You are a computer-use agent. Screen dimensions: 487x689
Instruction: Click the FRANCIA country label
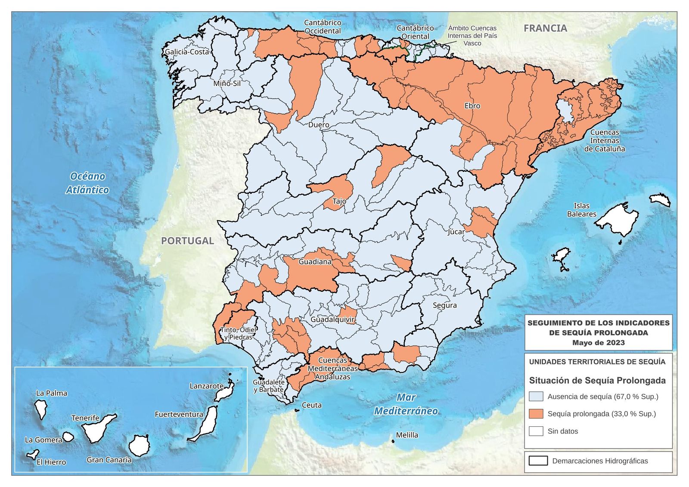(545, 28)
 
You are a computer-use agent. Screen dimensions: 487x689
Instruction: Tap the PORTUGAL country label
(187, 241)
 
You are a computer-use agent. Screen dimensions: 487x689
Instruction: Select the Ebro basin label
(472, 105)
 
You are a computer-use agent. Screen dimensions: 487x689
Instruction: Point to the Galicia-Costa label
(186, 52)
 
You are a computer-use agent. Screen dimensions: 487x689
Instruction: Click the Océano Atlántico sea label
(87, 183)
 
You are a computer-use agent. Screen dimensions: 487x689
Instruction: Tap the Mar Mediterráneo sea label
(406, 404)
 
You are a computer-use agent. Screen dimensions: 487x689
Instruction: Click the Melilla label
(407, 435)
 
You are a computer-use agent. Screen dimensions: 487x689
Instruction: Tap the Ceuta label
(311, 405)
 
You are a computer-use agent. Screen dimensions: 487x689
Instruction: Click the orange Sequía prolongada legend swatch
(536, 414)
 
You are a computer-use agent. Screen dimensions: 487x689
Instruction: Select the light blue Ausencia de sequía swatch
(536, 397)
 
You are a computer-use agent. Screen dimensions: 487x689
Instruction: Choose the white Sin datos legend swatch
(536, 431)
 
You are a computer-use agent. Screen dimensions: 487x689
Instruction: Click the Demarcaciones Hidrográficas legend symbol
(538, 461)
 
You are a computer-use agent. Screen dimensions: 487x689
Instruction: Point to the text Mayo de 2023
(598, 343)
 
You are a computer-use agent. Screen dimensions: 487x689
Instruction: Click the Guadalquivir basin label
(332, 320)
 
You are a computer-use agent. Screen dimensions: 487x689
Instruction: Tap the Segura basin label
(444, 305)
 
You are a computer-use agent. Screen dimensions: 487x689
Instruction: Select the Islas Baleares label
(581, 210)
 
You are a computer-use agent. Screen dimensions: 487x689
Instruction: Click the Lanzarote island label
(206, 386)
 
